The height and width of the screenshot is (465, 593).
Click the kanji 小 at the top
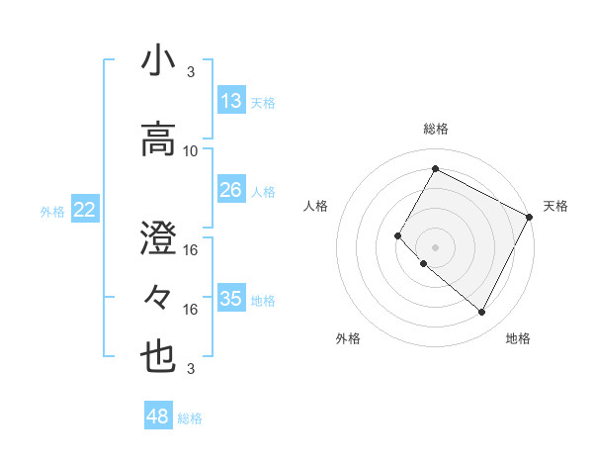(x=158, y=61)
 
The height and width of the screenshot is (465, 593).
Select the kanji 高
(x=158, y=138)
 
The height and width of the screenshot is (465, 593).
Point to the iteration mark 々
(x=158, y=296)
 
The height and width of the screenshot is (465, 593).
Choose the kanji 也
(x=158, y=357)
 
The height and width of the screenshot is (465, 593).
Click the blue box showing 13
(x=231, y=101)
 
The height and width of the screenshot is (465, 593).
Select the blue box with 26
(x=231, y=190)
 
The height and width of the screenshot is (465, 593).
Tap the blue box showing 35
(x=231, y=299)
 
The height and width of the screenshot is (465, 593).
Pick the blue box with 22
(x=85, y=209)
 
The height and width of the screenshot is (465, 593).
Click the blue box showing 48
(x=158, y=417)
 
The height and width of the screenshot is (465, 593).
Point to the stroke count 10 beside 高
(x=191, y=151)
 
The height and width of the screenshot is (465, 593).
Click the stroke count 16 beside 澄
(x=191, y=250)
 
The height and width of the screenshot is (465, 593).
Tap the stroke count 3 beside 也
(x=191, y=369)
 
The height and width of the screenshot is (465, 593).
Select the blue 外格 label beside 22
(x=52, y=211)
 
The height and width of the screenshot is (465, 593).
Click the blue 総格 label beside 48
(x=190, y=418)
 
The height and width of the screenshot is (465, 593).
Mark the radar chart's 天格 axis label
(x=555, y=206)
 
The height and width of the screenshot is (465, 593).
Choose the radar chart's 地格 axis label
(x=518, y=338)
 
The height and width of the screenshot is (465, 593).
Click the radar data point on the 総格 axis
(x=435, y=168)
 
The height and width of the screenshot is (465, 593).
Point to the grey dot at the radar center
(x=435, y=246)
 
